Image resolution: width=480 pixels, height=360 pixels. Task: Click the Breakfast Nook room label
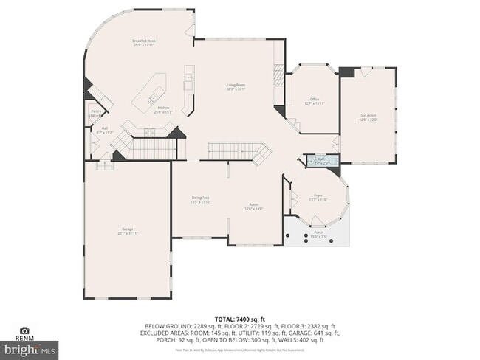pos(144,42)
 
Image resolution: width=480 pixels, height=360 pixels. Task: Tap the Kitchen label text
pos(163,108)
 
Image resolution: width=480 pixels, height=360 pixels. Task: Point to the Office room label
pos(314,100)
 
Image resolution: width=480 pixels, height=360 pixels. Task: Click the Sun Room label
pos(368,117)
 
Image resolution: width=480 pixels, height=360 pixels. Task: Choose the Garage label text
pos(127,230)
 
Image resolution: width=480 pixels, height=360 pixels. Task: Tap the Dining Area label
pos(200,198)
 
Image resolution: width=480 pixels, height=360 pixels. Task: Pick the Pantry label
pos(96,113)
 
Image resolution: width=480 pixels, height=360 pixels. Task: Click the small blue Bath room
pos(321,160)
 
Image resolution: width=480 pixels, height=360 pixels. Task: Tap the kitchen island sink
pos(152,97)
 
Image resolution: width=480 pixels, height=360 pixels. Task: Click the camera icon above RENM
pos(24,331)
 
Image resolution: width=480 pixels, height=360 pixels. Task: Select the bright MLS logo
pos(30,347)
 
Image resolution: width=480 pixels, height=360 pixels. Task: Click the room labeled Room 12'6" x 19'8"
pos(253,207)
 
